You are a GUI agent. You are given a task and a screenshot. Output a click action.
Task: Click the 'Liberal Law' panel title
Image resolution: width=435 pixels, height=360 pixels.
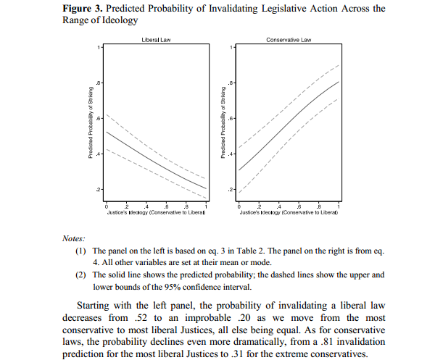[x=156, y=39]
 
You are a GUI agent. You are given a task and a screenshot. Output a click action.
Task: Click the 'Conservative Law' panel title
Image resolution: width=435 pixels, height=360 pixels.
[x=289, y=39]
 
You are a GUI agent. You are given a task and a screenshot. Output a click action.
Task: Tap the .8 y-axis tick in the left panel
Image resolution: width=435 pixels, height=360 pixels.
[x=101, y=83]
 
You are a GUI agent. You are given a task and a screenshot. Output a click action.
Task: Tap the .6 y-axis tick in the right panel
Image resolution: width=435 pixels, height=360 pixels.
[x=233, y=118]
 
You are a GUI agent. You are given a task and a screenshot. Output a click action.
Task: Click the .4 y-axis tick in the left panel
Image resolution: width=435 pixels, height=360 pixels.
[x=101, y=154]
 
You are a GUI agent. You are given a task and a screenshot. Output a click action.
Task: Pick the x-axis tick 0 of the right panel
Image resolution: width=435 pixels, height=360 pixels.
[x=239, y=208]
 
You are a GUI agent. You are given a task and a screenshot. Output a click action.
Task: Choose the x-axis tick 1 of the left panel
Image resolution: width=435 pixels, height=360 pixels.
[x=206, y=208]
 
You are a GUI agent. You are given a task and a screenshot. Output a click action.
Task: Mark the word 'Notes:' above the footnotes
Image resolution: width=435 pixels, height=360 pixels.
[x=74, y=238]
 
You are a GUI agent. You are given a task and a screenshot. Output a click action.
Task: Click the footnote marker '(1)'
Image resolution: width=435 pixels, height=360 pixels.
[x=79, y=250]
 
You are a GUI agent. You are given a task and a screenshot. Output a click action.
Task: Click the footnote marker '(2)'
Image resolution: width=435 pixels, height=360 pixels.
[x=79, y=275]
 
